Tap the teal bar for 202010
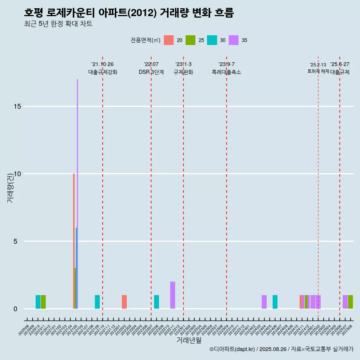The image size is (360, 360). pos(38,302)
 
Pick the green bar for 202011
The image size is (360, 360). pos(43,302)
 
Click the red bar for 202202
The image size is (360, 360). pos(124,302)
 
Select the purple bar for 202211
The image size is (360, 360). pos(172,295)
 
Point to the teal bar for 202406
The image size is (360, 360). pos(275,302)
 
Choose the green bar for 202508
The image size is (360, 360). pos(350,302)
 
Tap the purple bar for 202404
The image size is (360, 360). pos(264,302)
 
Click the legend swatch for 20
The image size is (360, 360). pos(169,40)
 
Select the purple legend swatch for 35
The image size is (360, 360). pos(234,40)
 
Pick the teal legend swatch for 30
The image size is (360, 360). pos(212,40)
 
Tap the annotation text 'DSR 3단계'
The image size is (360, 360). pos(151,72)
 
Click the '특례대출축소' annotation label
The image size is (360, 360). pos(226,72)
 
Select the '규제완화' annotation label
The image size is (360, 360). pos(183,72)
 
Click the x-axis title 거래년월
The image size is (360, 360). pos(189,340)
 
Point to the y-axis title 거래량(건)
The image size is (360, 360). pos(10,187)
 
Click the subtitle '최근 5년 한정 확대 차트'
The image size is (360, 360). pos(58,24)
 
